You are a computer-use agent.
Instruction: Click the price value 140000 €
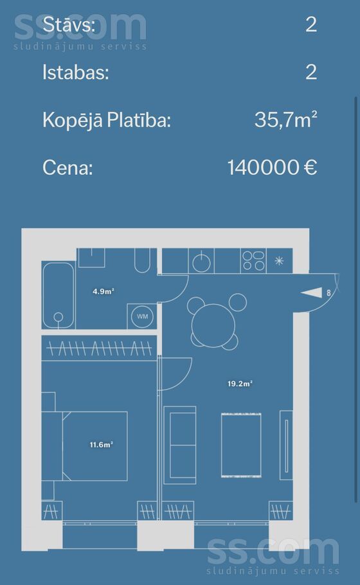pyautogui.click(x=273, y=167)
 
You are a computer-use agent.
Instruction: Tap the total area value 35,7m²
pyautogui.click(x=286, y=120)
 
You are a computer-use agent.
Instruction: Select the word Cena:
pyautogui.click(x=67, y=168)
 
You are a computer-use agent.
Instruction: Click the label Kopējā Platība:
pyautogui.click(x=107, y=120)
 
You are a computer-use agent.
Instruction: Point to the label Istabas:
pyautogui.click(x=76, y=72)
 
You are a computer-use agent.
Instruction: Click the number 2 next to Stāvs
pyautogui.click(x=311, y=24)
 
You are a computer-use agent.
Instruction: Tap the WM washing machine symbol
pyautogui.click(x=143, y=316)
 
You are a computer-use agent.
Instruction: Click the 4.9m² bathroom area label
pyautogui.click(x=104, y=291)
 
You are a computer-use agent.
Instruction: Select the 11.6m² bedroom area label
pyautogui.click(x=101, y=445)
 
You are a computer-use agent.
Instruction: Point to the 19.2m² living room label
pyautogui.click(x=240, y=384)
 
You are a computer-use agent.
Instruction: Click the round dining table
pyautogui.click(x=213, y=326)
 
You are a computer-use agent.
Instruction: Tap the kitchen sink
pyautogui.click(x=201, y=261)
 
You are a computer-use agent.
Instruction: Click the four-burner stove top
pyautogui.click(x=253, y=260)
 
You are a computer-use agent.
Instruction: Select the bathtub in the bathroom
pyautogui.click(x=59, y=294)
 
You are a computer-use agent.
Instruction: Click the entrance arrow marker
pyautogui.click(x=312, y=293)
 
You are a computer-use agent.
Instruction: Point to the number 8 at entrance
pyautogui.click(x=328, y=293)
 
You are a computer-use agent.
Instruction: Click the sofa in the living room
pyautogui.click(x=180, y=445)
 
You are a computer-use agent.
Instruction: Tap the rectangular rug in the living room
pyautogui.click(x=241, y=445)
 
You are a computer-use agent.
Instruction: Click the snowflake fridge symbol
pyautogui.click(x=279, y=260)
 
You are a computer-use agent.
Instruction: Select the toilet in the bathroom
pyautogui.click(x=142, y=260)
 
